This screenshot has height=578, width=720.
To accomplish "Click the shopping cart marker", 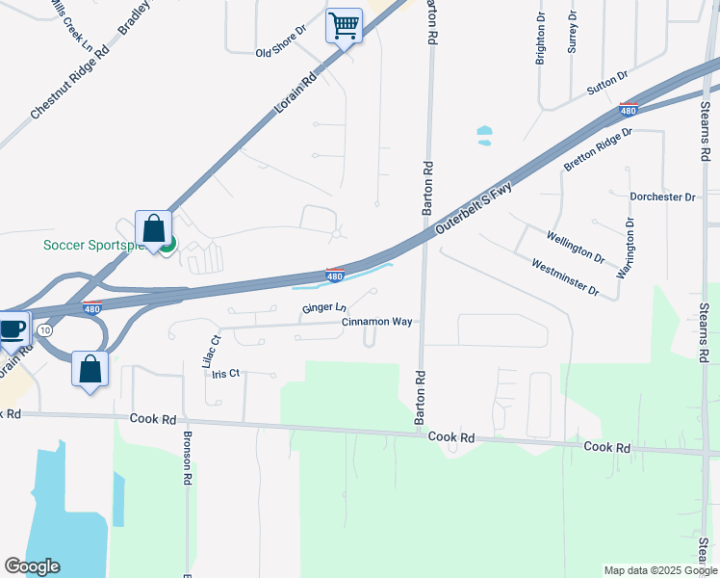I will pos(344,26).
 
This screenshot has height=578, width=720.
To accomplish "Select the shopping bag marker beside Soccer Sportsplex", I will pos(153,229).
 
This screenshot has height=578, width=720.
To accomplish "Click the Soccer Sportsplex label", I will pos(93,245).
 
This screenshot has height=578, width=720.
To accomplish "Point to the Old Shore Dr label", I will pos(280,53).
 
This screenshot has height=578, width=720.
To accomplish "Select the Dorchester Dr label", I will pos(662,197).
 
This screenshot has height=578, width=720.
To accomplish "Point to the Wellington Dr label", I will pos(575,247).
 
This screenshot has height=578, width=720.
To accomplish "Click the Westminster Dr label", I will pos(564,277).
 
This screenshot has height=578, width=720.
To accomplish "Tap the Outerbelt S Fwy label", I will pos(472,207).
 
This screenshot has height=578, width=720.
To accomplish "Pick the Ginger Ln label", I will pos(323,308).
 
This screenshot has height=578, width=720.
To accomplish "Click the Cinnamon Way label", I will pos(377,322).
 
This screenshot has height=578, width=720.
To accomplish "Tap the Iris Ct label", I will pos(225,374).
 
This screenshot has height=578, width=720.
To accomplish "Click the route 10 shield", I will pos(45,330).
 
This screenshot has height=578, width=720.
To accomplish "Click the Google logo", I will pos(32,566).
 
